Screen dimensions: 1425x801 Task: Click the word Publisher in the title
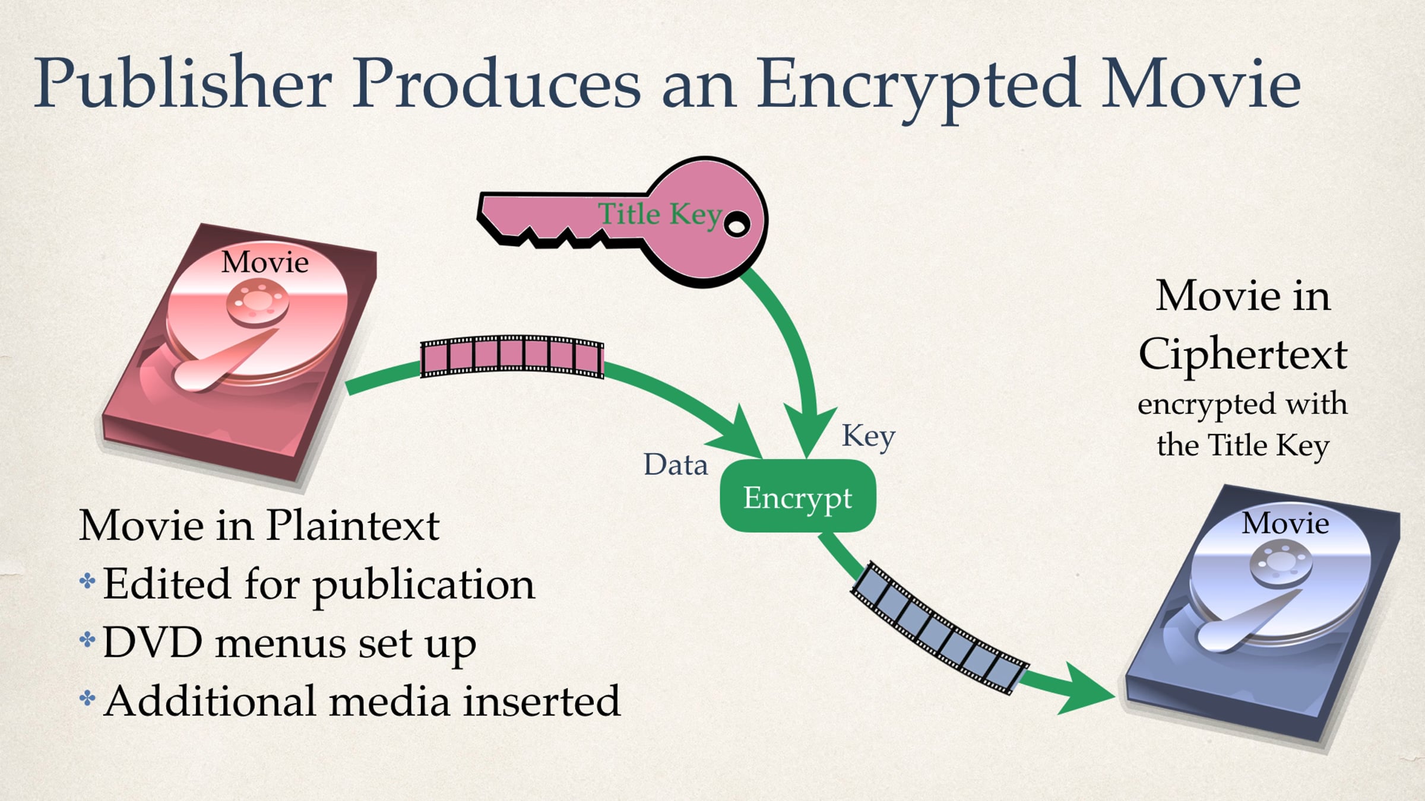(183, 83)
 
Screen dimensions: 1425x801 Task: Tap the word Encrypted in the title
(918, 88)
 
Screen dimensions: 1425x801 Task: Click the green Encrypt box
(798, 496)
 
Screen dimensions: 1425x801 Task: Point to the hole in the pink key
(737, 225)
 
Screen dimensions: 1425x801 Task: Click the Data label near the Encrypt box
(676, 465)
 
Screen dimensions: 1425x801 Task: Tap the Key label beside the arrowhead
(868, 437)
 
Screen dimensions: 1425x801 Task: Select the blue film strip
(939, 628)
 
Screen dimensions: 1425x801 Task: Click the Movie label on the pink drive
(265, 262)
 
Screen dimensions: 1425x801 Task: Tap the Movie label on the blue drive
(1285, 523)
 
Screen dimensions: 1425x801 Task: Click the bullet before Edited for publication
(87, 580)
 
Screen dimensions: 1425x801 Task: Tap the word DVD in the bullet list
(153, 643)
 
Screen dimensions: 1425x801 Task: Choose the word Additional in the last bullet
(210, 701)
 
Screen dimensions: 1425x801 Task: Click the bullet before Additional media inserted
(87, 698)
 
